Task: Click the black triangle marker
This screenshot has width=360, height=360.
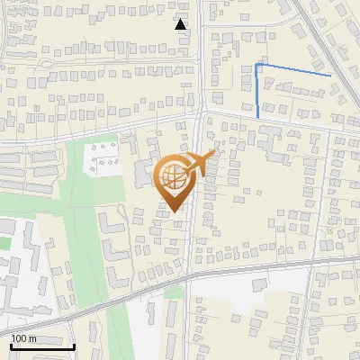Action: [x=181, y=24]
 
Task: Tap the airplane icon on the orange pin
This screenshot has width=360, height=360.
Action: [x=201, y=163]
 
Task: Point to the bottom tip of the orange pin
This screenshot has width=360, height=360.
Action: [x=173, y=212]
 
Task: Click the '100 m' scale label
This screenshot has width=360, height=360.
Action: [x=23, y=338]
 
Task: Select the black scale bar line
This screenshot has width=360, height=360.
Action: [x=42, y=346]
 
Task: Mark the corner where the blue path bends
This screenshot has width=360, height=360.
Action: [x=258, y=65]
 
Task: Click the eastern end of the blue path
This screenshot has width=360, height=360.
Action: [x=330, y=76]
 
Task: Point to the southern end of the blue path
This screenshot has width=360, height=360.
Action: [x=258, y=117]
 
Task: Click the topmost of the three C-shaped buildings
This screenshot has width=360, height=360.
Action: [x=107, y=221]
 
